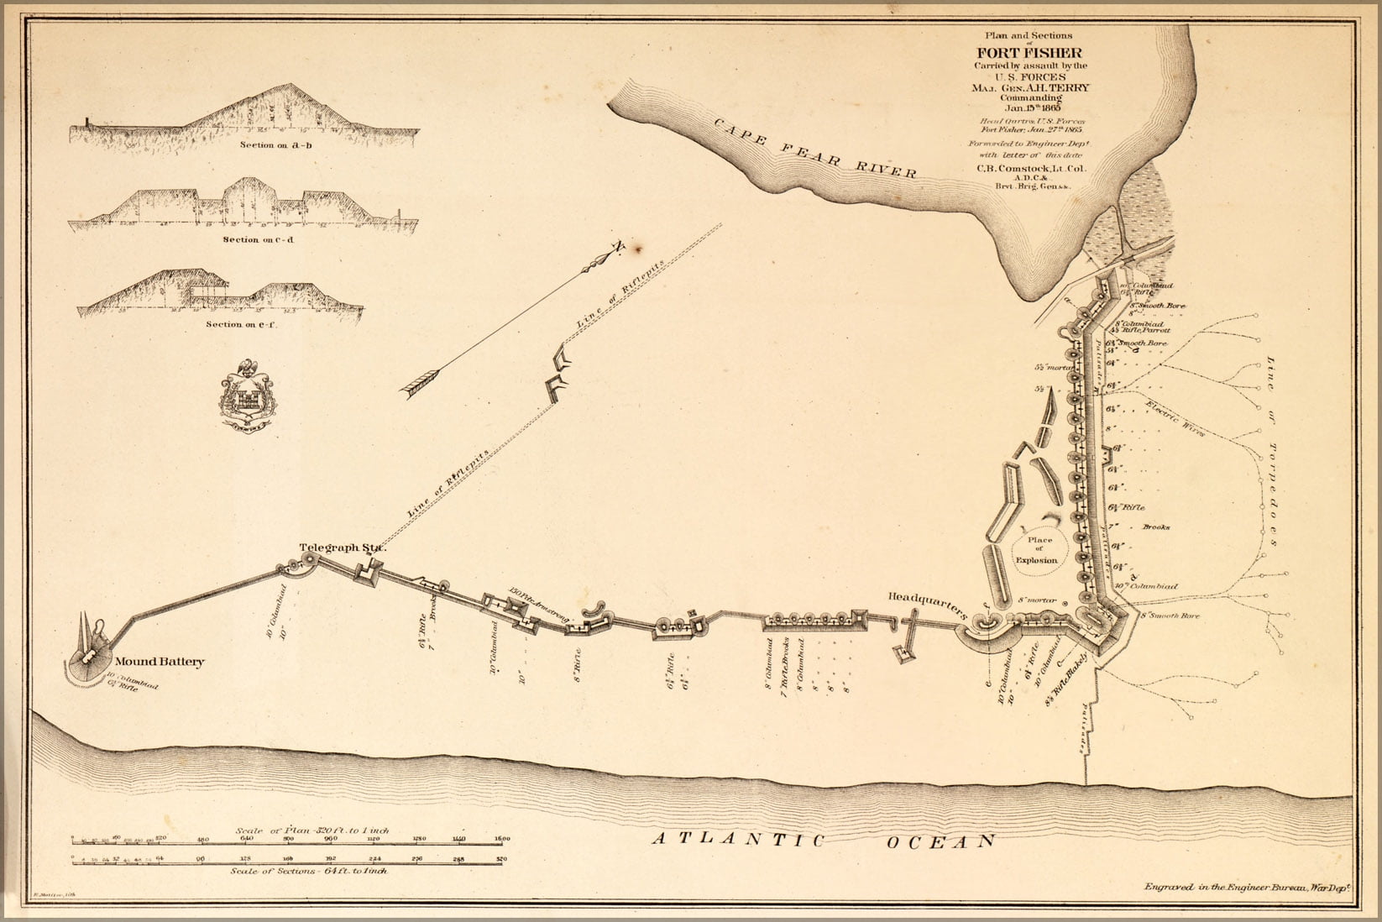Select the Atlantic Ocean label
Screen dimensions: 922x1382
point(824,841)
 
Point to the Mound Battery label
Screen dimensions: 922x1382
point(160,662)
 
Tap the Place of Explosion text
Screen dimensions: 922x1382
point(1037,550)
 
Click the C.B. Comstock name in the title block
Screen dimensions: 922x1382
point(1030,168)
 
